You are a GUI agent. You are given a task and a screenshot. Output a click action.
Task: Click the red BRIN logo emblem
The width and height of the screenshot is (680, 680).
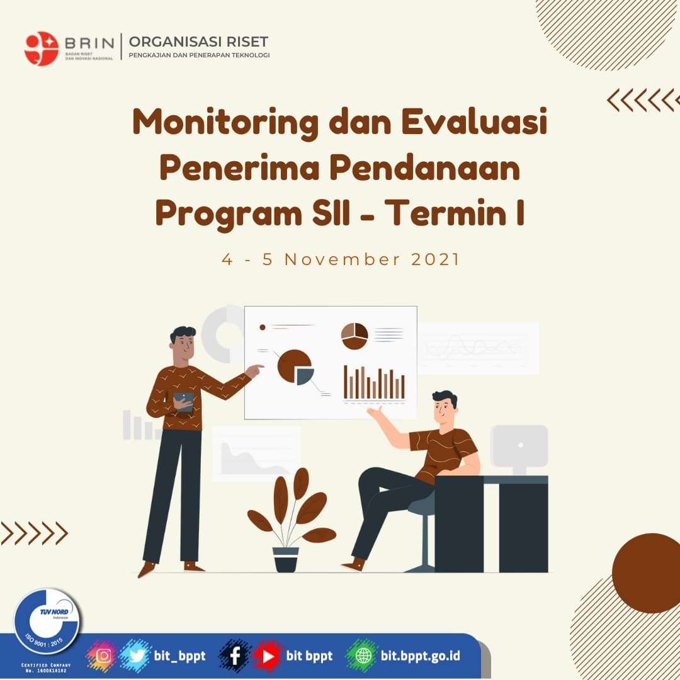pos(42,48)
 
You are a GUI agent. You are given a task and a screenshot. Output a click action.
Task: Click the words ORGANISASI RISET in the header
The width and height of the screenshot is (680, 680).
pos(198,42)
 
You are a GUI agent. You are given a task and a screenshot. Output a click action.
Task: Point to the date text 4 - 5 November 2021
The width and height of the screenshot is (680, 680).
pos(341,259)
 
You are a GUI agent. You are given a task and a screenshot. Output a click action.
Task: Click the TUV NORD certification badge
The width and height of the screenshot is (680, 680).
pos(47,621)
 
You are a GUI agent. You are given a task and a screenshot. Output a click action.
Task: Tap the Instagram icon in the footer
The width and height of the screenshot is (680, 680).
pos(104,655)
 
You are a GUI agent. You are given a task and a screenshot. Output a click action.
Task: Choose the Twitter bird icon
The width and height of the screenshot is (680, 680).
pos(135,655)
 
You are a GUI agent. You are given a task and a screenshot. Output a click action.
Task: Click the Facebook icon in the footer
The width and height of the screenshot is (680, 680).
pos(235,656)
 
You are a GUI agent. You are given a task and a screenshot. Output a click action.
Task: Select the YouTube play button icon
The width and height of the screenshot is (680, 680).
pos(268,656)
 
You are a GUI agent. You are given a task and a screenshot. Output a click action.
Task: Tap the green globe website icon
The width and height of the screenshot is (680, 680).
pos(363,656)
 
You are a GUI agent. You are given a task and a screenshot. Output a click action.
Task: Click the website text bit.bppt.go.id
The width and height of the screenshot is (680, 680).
pos(421,656)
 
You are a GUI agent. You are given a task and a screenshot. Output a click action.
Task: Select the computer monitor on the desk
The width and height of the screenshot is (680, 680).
pos(519,446)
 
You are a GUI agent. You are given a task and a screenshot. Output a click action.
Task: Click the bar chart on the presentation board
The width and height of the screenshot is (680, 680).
pos(374,382)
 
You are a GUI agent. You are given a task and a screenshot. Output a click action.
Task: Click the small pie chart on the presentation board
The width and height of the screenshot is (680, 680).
pos(354,336)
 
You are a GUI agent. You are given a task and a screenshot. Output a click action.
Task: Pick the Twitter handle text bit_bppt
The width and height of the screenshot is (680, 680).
pos(179,656)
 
